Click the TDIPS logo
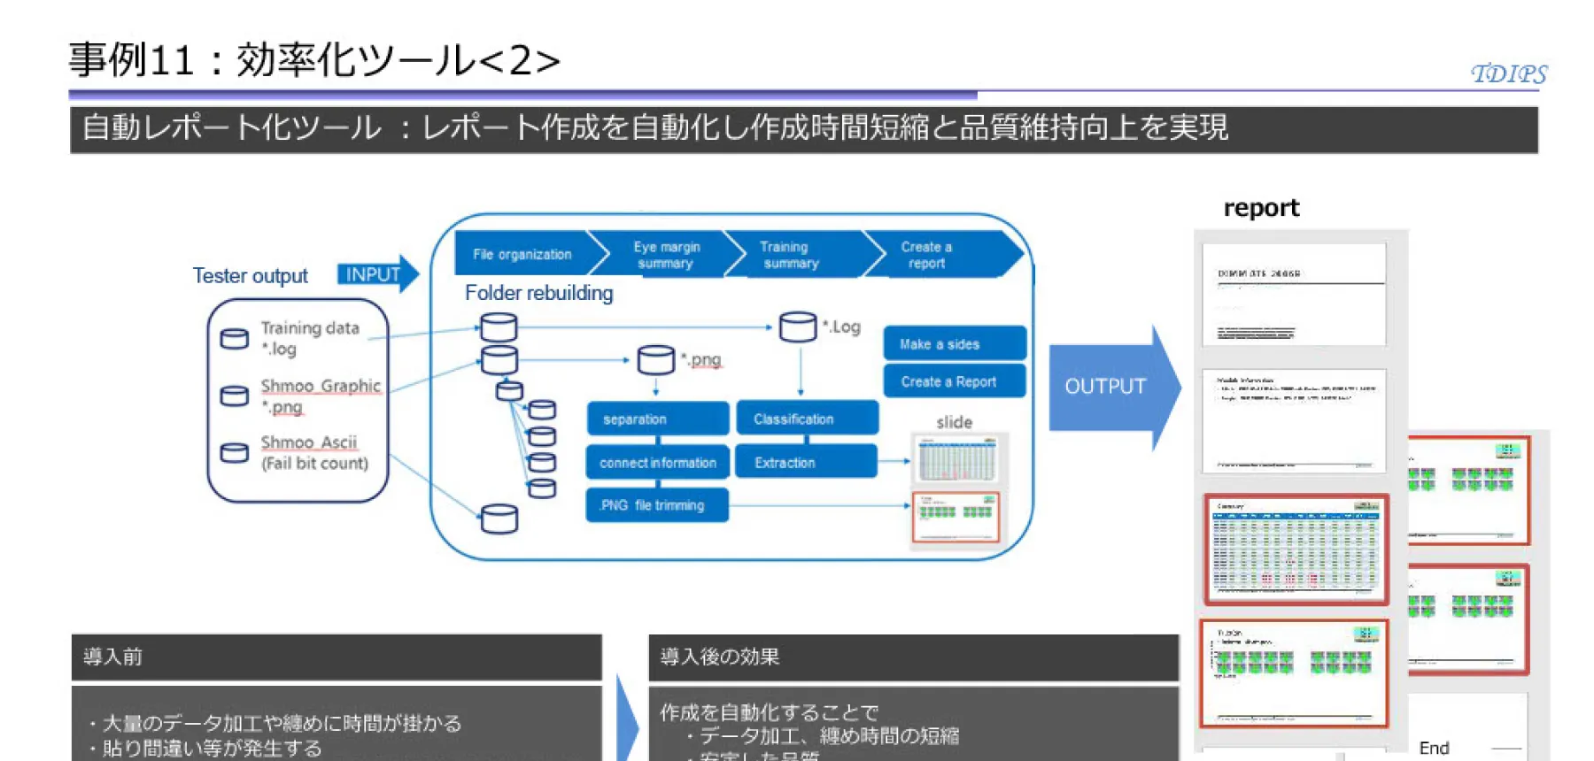(1508, 73)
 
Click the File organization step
(522, 254)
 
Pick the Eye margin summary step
(667, 255)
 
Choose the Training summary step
(791, 255)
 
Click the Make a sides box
(954, 343)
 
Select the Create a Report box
(954, 381)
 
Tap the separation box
(656, 419)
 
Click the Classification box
(806, 419)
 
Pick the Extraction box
(806, 462)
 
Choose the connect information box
(656, 462)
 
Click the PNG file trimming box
(656, 505)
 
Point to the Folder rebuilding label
(538, 293)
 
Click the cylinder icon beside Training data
(234, 339)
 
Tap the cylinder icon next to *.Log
(797, 327)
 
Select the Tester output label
(250, 276)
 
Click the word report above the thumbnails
(1260, 208)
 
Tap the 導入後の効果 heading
(719, 657)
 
